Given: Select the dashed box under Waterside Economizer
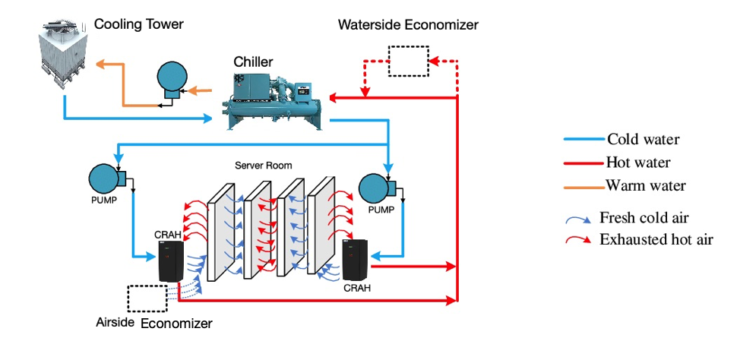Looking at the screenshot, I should (x=408, y=61).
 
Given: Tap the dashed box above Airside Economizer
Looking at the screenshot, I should (x=147, y=298).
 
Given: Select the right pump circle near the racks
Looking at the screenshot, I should (x=377, y=187).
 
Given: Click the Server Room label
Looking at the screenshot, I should (x=263, y=165).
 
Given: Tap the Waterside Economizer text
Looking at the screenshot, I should (x=408, y=25).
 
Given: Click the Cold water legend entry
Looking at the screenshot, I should (x=643, y=139).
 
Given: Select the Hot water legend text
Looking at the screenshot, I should (x=638, y=162).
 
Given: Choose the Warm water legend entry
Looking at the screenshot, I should (x=645, y=185).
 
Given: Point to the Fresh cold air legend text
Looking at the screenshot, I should (x=644, y=218).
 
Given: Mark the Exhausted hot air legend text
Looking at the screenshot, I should (x=656, y=240).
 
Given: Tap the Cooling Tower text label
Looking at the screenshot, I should (x=138, y=24).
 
